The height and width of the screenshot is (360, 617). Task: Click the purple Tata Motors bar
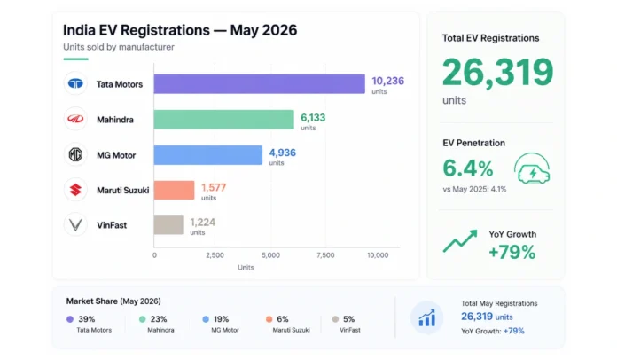pos(260,84)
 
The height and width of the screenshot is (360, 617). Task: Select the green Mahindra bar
pos(224,120)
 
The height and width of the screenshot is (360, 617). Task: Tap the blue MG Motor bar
pos(208,155)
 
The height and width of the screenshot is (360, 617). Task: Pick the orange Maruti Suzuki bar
pos(174,190)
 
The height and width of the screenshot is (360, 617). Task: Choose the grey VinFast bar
pos(168,225)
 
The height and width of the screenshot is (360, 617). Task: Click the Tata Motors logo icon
pos(75,83)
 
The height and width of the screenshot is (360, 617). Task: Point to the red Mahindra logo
pos(75,119)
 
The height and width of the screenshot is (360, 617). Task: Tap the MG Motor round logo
pos(75,154)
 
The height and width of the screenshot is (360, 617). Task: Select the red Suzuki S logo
pos(75,190)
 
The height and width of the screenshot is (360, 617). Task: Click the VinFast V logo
pos(75,224)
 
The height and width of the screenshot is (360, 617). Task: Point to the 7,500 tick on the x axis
pos(325,255)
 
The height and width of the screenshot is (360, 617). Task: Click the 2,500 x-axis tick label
pos(215,255)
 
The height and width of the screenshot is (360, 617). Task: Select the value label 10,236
pos(388,81)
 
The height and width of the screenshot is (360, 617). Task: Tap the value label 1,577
pos(214,187)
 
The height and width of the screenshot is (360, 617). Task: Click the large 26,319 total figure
pos(498,72)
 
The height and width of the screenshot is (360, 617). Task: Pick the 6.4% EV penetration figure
pos(468,168)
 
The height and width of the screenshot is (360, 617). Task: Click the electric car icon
pos(532,168)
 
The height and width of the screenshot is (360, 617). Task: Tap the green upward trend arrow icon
pos(460,241)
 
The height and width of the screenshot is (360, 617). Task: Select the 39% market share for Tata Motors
pos(87,319)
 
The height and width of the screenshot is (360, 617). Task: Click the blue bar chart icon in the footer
pos(427,317)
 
